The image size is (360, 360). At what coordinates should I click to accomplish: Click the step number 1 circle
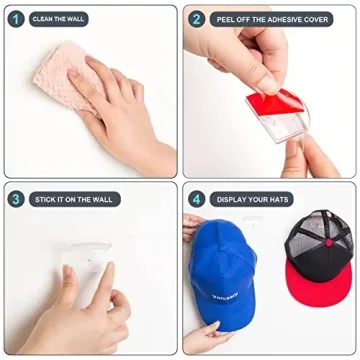point(16,18)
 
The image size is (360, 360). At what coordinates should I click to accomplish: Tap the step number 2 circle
point(197,18)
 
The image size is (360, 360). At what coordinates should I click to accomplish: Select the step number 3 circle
point(16,199)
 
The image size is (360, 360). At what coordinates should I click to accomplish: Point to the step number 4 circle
point(197,199)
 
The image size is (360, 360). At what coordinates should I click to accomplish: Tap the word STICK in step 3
point(42,199)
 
